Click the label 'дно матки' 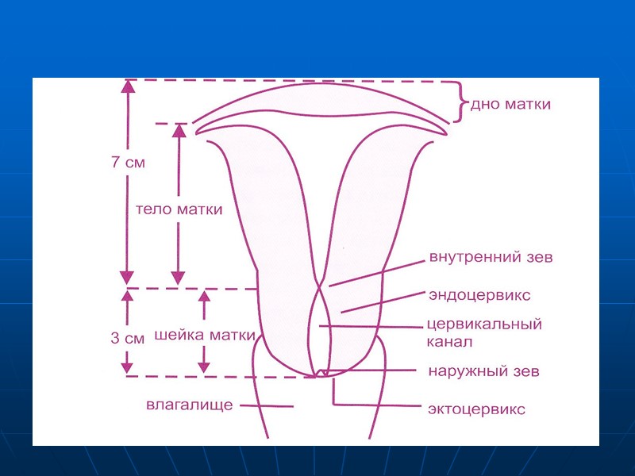510,105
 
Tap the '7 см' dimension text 127,163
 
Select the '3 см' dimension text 127,338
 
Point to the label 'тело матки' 179,210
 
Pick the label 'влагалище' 189,405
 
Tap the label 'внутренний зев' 490,257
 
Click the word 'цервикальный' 483,324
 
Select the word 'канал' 449,342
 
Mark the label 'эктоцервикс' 476,409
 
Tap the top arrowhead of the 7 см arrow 125,87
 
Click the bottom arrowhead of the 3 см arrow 125,367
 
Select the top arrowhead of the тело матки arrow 179,131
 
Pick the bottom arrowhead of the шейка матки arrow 204,367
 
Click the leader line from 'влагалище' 267,407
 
